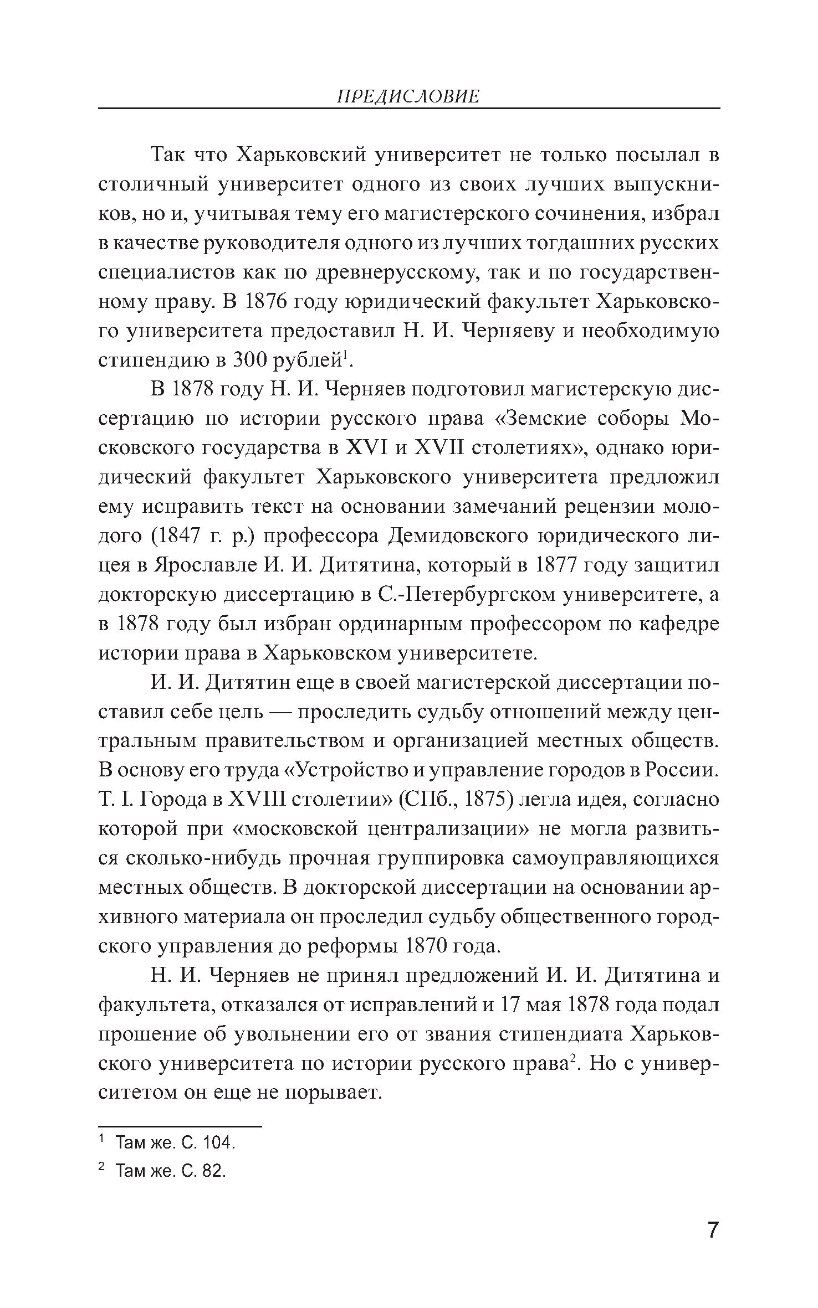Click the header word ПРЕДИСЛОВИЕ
point(408,97)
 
